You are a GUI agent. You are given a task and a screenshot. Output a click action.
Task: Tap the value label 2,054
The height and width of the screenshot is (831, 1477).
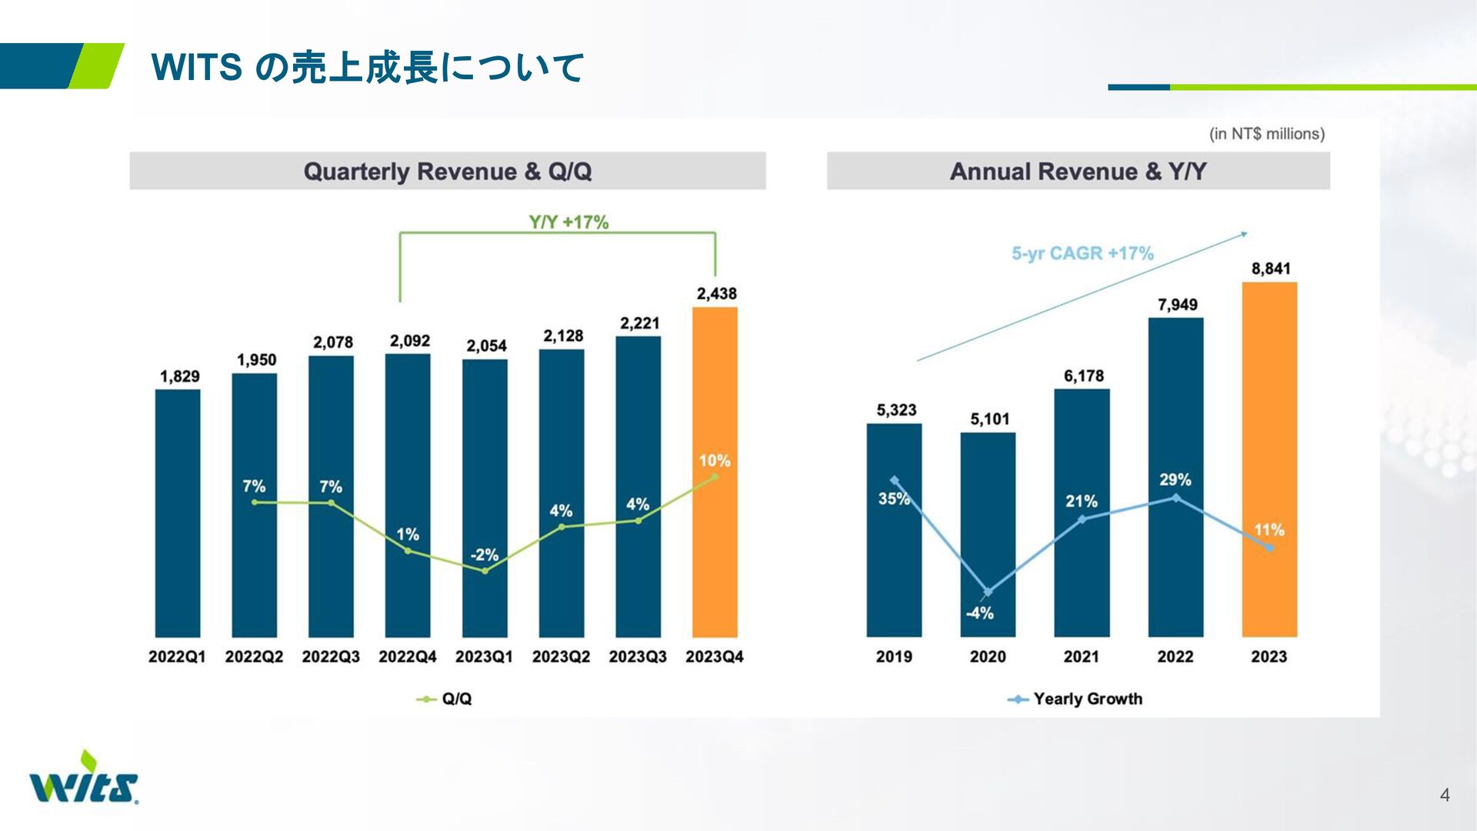pyautogui.click(x=486, y=346)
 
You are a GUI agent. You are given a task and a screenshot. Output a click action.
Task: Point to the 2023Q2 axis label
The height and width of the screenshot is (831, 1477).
pyautogui.click(x=561, y=657)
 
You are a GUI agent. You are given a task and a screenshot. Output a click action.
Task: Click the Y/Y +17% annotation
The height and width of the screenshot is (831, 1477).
pyautogui.click(x=568, y=222)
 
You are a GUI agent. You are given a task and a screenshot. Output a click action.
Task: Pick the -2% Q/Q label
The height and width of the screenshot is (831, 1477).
pyautogui.click(x=484, y=555)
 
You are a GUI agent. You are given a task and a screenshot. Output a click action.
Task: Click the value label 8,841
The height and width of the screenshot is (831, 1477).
pyautogui.click(x=1270, y=269)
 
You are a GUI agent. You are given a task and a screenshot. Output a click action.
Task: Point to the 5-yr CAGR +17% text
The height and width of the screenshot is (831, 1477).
pyautogui.click(x=1082, y=253)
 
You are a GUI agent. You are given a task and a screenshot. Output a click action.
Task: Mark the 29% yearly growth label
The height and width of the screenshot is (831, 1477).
pyautogui.click(x=1175, y=480)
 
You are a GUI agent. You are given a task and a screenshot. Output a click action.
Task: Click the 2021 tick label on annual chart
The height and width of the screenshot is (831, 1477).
pyautogui.click(x=1081, y=657)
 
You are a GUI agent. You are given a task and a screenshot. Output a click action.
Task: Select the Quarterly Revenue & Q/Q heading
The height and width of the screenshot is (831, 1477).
pyautogui.click(x=448, y=172)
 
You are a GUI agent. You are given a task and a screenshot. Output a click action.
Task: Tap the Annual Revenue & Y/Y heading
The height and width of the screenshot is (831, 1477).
pyautogui.click(x=1078, y=172)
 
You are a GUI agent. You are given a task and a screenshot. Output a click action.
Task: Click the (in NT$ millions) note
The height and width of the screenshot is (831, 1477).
pyautogui.click(x=1266, y=134)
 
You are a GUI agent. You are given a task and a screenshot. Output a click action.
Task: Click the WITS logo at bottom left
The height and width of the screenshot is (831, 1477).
pyautogui.click(x=84, y=779)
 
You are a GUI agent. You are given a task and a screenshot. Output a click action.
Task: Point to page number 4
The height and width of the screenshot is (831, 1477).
pyautogui.click(x=1445, y=795)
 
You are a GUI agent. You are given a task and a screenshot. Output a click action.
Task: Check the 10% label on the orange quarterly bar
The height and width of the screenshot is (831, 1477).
pyautogui.click(x=714, y=461)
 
